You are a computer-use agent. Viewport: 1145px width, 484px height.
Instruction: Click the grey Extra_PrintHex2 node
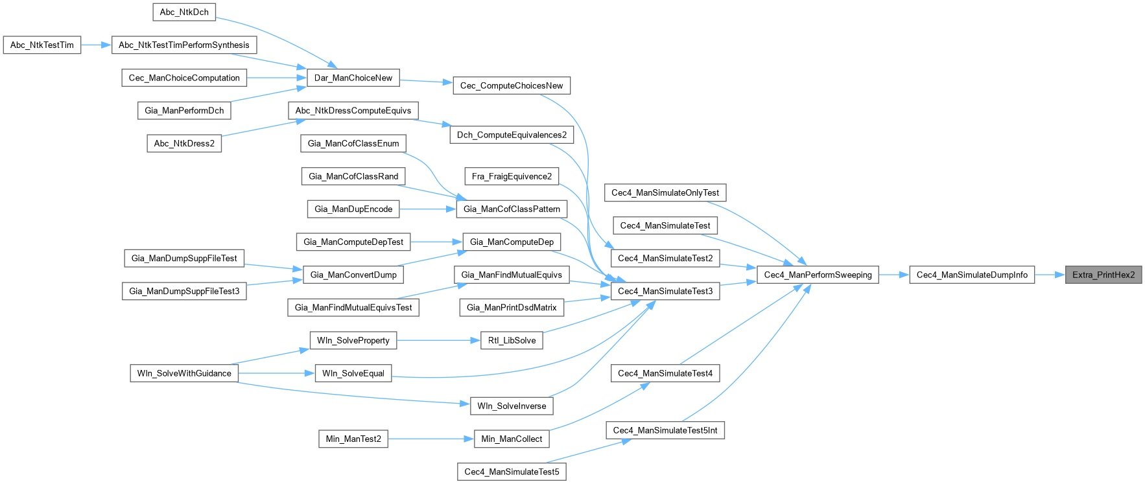pyautogui.click(x=1104, y=275)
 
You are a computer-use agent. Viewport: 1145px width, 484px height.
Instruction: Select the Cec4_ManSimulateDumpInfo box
pyautogui.click(x=972, y=275)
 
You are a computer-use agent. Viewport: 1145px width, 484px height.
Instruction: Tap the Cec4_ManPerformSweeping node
pyautogui.click(x=818, y=275)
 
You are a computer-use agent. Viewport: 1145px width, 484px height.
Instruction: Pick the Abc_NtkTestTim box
pyautogui.click(x=42, y=45)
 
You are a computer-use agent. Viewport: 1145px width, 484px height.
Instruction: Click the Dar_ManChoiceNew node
pyautogui.click(x=353, y=78)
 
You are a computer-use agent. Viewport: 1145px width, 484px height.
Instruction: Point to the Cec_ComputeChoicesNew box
pyautogui.click(x=512, y=86)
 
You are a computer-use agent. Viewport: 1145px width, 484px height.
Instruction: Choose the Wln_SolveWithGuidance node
pyautogui.click(x=184, y=373)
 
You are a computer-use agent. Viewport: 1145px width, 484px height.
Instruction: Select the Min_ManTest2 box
pyautogui.click(x=353, y=439)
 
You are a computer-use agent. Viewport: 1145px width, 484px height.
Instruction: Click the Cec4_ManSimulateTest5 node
pyautogui.click(x=512, y=472)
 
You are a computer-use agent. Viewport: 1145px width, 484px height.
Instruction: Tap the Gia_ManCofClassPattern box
pyautogui.click(x=512, y=209)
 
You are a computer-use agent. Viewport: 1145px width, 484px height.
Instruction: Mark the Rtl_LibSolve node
pyautogui.click(x=512, y=340)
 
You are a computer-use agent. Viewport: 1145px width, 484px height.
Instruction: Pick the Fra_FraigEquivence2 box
pyautogui.click(x=512, y=176)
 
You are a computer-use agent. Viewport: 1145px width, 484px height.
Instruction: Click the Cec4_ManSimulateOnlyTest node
pyautogui.click(x=665, y=192)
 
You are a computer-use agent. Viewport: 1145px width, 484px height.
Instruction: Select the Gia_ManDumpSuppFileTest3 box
pyautogui.click(x=184, y=291)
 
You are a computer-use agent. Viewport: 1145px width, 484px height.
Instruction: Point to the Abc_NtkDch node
pyautogui.click(x=184, y=12)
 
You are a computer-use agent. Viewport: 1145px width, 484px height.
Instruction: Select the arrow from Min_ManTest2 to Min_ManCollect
pyautogui.click(x=431, y=439)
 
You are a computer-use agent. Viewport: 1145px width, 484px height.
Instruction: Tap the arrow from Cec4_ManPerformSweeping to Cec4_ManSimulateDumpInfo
pyautogui.click(x=894, y=275)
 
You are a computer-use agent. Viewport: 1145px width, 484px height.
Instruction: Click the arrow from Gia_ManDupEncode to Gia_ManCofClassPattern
pyautogui.click(x=428, y=209)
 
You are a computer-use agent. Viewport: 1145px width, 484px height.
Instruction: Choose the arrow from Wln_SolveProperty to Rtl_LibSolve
pyautogui.click(x=438, y=340)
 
